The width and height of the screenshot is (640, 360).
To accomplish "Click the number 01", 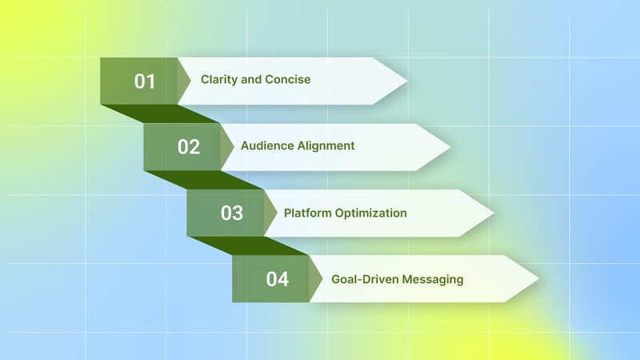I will [x=145, y=81].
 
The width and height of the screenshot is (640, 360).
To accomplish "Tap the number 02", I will [x=189, y=147].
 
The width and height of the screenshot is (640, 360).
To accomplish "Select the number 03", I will [x=232, y=214].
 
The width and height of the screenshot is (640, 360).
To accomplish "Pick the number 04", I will [x=277, y=280].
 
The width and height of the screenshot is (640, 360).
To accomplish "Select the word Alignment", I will [x=326, y=146].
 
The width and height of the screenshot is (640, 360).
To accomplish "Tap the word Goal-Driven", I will [x=365, y=280].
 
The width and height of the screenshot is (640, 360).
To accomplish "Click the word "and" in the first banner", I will [x=254, y=80].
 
